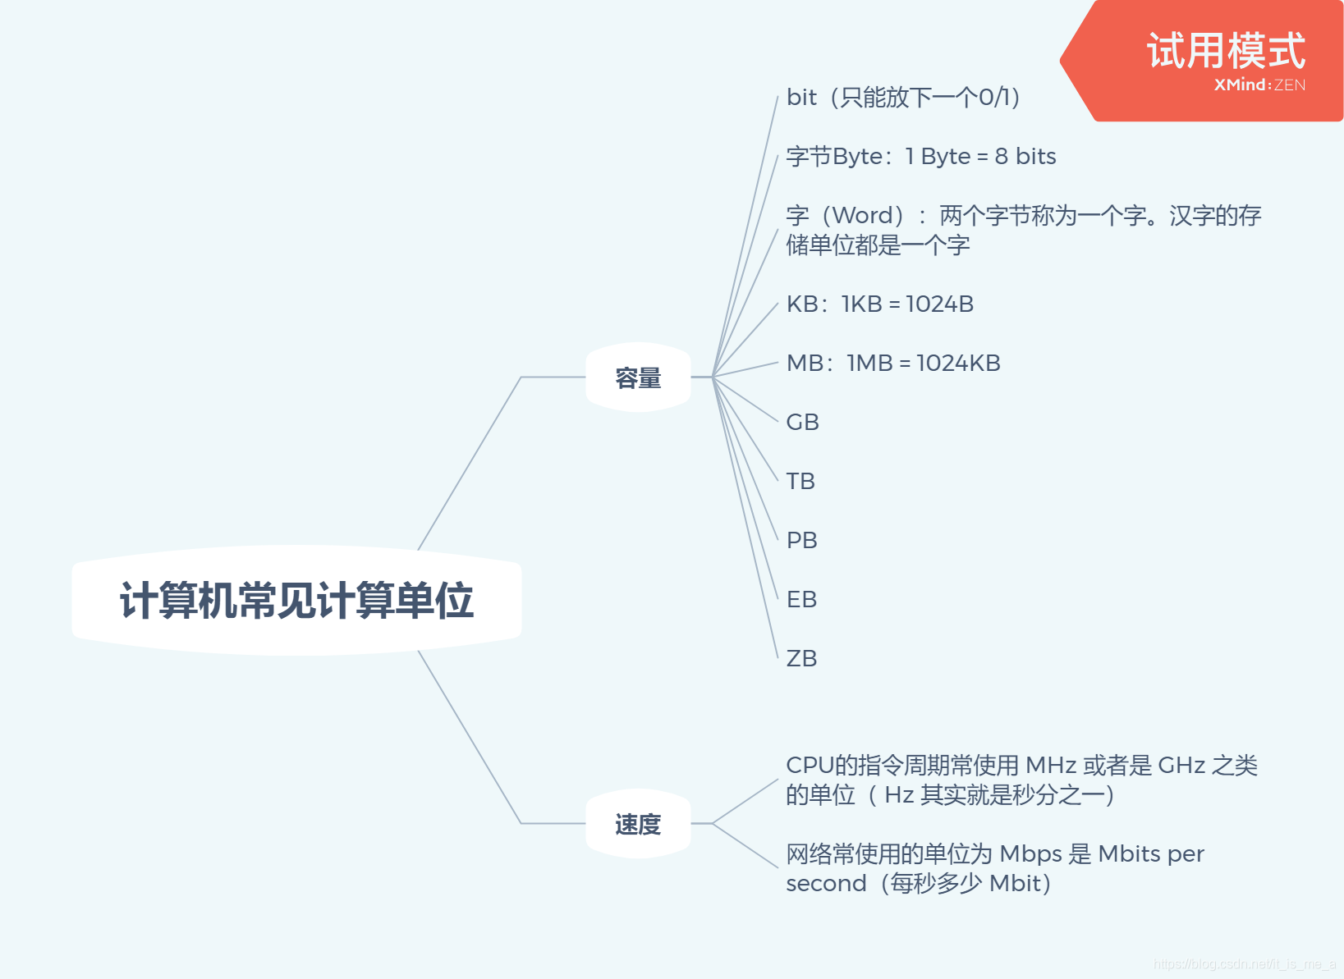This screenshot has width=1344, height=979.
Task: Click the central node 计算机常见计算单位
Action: click(296, 600)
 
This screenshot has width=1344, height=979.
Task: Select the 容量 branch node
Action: click(638, 377)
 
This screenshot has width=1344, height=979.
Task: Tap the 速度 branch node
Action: click(638, 824)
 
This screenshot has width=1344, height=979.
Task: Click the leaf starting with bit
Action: click(902, 98)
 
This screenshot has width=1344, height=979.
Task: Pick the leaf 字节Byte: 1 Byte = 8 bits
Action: click(920, 157)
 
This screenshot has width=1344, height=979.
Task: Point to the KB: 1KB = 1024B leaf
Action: click(879, 304)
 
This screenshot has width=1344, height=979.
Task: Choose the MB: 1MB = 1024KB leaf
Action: click(892, 364)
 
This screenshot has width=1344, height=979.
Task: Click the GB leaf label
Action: click(802, 423)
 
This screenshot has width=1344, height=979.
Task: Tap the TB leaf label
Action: click(800, 482)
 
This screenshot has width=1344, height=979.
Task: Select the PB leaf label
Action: click(801, 541)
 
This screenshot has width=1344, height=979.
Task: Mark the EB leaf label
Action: click(801, 600)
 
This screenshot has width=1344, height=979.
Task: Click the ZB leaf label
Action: click(801, 659)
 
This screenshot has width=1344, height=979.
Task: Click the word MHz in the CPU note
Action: click(1051, 766)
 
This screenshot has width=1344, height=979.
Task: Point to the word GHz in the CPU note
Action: click(1181, 766)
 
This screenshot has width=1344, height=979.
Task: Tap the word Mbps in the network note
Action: click(1030, 854)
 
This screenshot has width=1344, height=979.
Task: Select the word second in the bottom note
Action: click(825, 884)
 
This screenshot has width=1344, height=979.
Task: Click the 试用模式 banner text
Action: click(1225, 51)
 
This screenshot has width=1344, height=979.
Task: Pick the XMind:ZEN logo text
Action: click(1259, 85)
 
